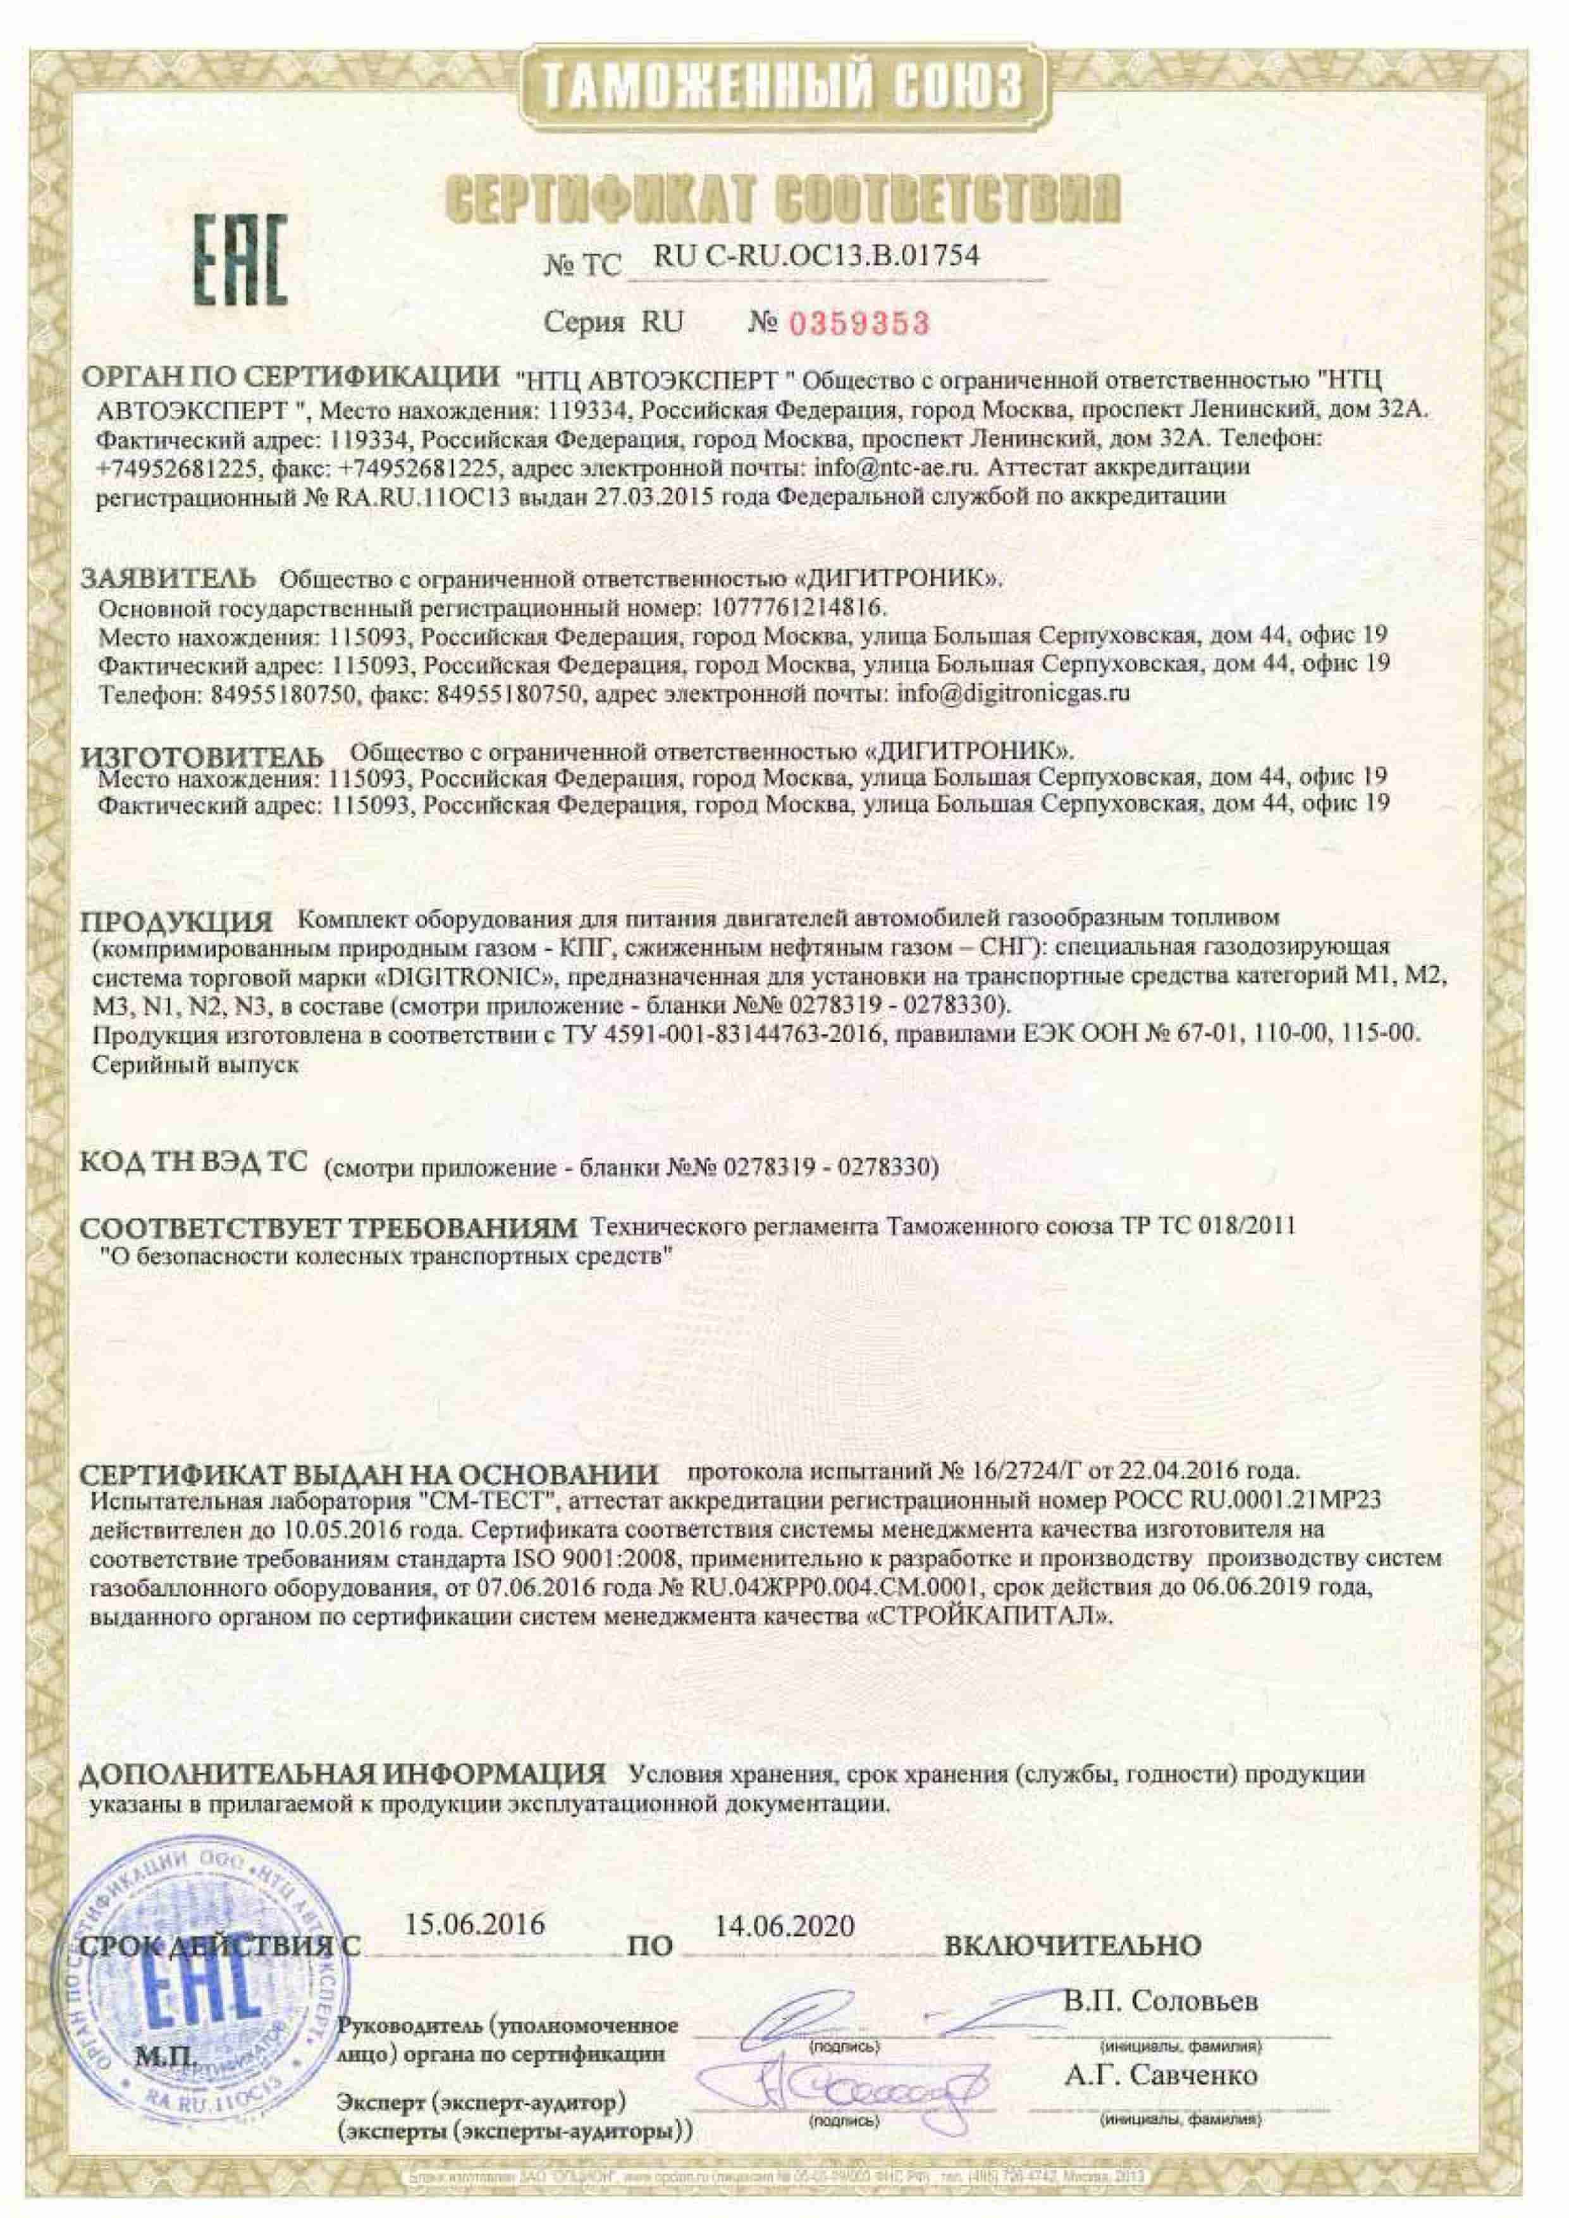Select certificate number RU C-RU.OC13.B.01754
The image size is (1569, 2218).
[816, 256]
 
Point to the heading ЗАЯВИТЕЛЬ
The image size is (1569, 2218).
[168, 579]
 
